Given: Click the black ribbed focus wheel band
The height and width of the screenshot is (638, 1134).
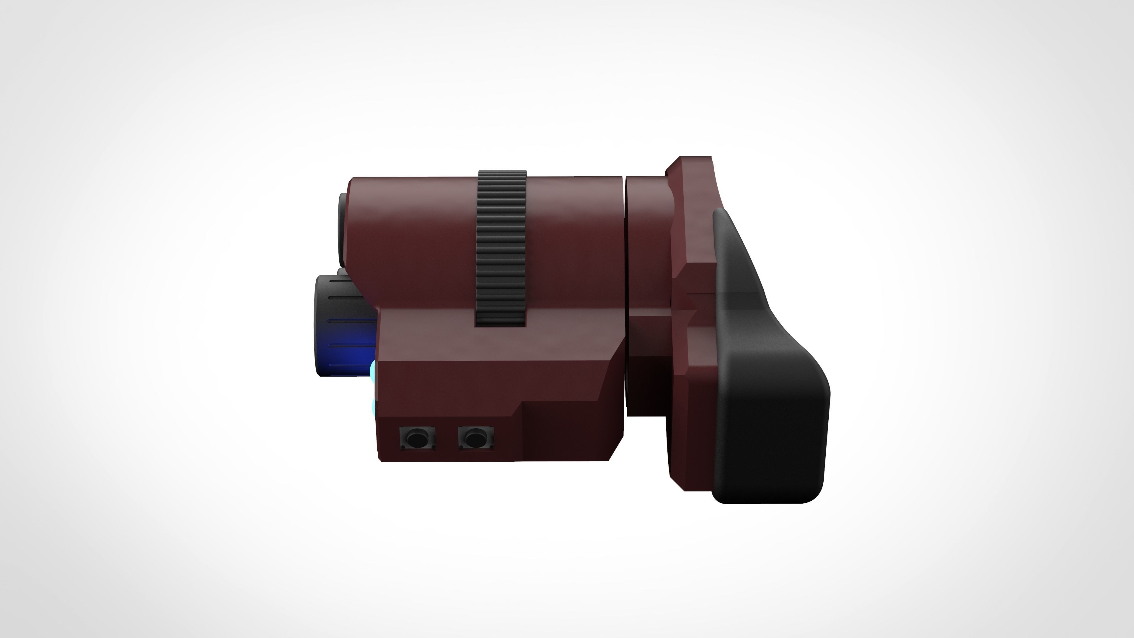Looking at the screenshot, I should (x=501, y=247).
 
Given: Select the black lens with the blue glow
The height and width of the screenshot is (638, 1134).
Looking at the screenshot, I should (x=343, y=326).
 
